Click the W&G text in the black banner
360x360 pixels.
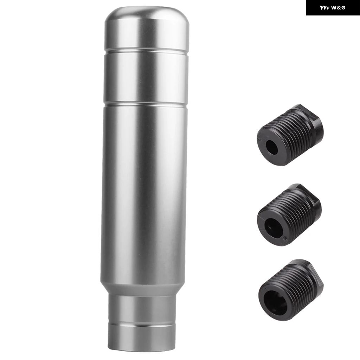pos(338,8)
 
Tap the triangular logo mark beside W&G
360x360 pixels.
pos(325,8)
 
